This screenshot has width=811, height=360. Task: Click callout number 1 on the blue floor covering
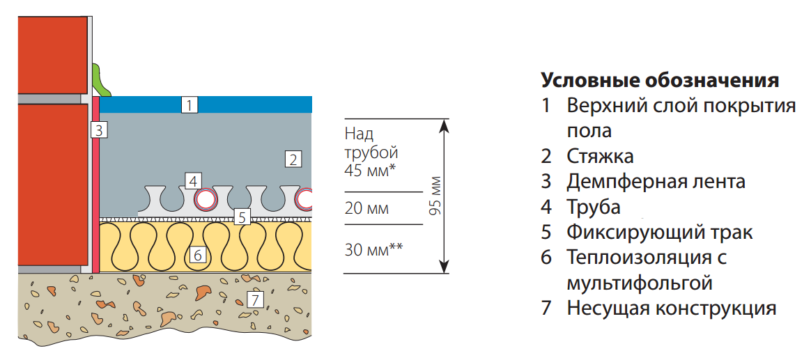[x=190, y=105]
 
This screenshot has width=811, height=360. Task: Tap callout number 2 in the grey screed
[x=293, y=159]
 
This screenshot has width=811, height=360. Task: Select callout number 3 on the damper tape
[x=98, y=130]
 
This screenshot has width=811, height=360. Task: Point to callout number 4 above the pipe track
[x=192, y=181]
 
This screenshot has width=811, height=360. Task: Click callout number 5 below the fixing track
[x=241, y=217]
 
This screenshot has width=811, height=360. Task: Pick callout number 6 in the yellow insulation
[x=197, y=255]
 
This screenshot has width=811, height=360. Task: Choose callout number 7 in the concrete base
[x=256, y=300]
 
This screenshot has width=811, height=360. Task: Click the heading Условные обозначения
[x=659, y=79]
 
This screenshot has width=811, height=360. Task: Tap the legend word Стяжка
[x=600, y=156]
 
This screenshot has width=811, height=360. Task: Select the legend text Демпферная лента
[x=656, y=182]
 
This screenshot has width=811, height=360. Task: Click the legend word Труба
[x=593, y=207]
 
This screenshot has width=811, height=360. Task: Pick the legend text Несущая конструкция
[x=671, y=308]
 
